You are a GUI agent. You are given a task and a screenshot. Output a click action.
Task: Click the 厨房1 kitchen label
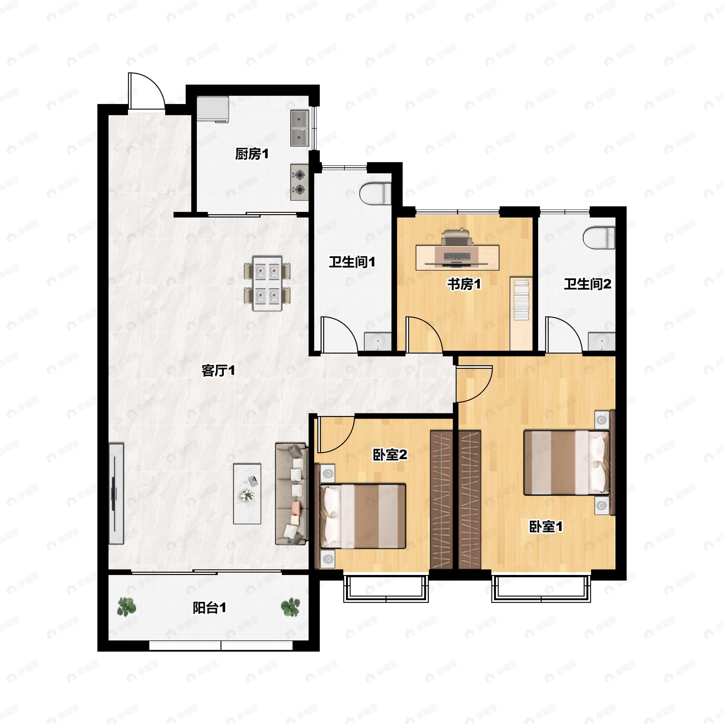(x=252, y=154)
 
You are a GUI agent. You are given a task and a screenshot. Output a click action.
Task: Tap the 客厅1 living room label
(x=218, y=371)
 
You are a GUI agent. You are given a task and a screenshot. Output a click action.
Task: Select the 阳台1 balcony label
(x=209, y=608)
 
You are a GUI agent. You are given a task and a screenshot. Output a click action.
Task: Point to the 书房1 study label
(x=464, y=284)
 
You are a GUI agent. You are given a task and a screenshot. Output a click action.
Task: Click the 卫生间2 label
(x=587, y=284)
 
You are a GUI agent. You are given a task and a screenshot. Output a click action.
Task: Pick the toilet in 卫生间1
(x=376, y=193)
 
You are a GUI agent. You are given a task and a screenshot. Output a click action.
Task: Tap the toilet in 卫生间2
(x=599, y=237)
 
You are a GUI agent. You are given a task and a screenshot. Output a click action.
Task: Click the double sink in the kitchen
(x=300, y=128)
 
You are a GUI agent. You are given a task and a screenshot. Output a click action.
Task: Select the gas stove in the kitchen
(x=300, y=182)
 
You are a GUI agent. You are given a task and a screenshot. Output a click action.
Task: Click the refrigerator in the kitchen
(x=213, y=109)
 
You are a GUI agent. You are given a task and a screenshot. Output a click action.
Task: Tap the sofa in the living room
(x=291, y=494)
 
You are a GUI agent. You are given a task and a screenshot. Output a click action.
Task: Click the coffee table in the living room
(x=247, y=494)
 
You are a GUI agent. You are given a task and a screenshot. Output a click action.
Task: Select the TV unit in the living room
(x=116, y=494)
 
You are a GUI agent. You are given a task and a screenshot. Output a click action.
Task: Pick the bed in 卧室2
(x=363, y=516)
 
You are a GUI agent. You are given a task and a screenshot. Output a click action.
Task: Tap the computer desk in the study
(x=457, y=257)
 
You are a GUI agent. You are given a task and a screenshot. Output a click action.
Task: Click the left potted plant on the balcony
(x=126, y=607)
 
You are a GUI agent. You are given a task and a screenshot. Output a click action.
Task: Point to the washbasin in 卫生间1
(x=378, y=341)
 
